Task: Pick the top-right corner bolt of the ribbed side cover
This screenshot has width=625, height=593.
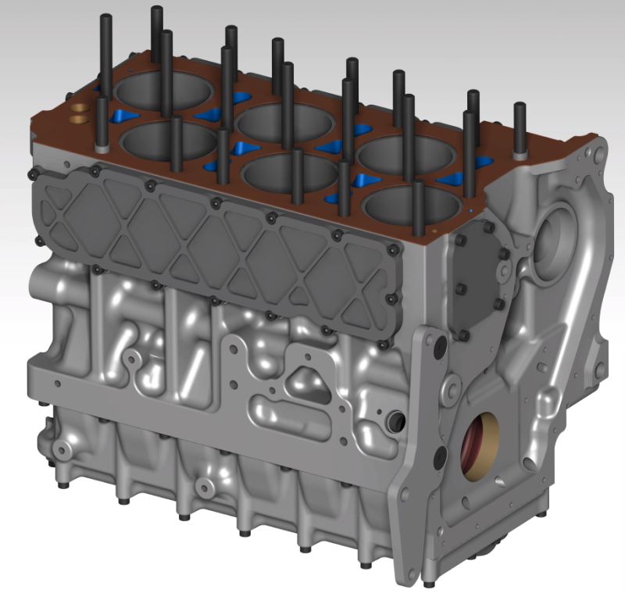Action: point(391,249)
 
